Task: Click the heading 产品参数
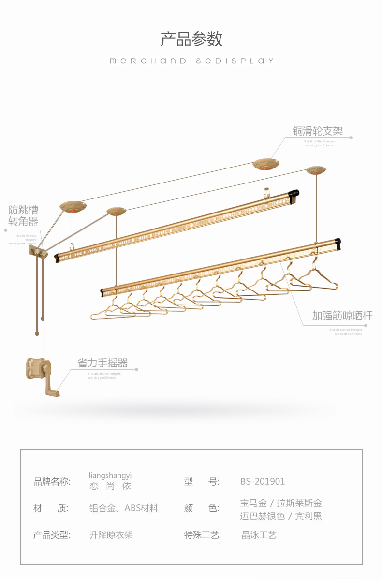pos(191,39)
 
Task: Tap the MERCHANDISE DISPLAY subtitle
pos(191,61)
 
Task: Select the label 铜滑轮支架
pos(317,131)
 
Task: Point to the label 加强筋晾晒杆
pos(342,316)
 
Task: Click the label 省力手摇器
pos(103,363)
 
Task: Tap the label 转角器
pos(23,222)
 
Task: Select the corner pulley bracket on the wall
pos(39,251)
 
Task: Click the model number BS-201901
pos(263,481)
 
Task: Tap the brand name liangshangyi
pos(110,475)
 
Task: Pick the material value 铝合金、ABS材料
pos(124,508)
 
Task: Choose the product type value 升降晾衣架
pos(111,535)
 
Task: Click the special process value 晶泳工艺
pos(259,535)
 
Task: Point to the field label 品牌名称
pos(51,481)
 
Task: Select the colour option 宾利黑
pos(309,516)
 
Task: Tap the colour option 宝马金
pos(253,503)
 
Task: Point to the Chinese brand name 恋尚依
pos(110,486)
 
